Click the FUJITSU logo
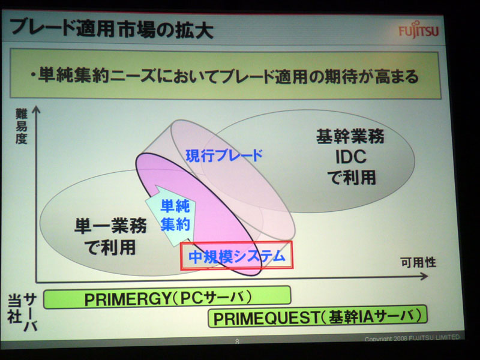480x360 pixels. (418, 31)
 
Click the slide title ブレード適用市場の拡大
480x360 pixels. (112, 29)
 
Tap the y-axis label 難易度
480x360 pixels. (22, 126)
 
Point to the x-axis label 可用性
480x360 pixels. (418, 262)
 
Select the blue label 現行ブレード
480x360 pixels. (224, 155)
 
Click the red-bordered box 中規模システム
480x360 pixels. (236, 256)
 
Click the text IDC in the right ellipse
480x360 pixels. (351, 157)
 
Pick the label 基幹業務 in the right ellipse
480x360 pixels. (350, 137)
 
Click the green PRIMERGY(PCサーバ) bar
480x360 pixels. (167, 297)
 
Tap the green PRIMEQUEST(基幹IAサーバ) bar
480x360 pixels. (317, 317)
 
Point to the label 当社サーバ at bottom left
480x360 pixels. (22, 312)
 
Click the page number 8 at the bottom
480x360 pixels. (237, 341)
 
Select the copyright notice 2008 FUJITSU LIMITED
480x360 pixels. (412, 338)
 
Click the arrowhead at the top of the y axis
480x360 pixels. (36, 109)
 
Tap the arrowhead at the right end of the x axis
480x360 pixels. (424, 277)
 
